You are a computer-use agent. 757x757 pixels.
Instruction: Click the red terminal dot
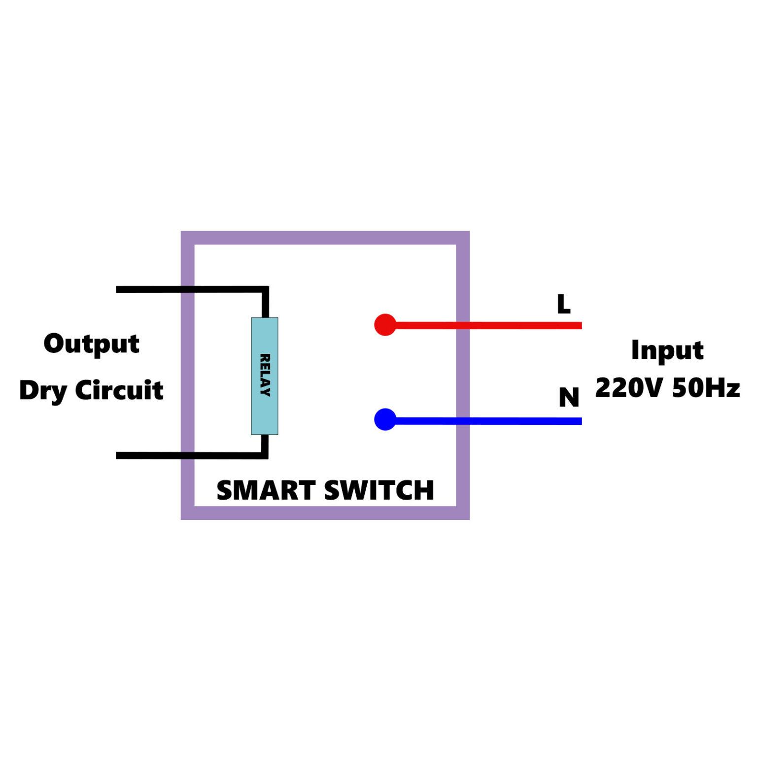pyautogui.click(x=385, y=325)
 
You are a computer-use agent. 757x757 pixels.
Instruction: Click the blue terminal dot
pyautogui.click(x=385, y=419)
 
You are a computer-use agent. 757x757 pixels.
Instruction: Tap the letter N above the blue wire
pyautogui.click(x=569, y=397)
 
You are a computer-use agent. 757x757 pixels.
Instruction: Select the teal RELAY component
pyautogui.click(x=265, y=376)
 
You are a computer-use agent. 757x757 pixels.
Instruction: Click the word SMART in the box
pyautogui.click(x=266, y=490)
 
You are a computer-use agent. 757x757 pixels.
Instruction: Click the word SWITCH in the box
pyautogui.click(x=379, y=490)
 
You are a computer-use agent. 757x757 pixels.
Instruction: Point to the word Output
pyautogui.click(x=92, y=344)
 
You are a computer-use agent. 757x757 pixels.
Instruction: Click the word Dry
pyautogui.click(x=43, y=391)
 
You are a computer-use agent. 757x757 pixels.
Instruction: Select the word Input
pyautogui.click(x=667, y=351)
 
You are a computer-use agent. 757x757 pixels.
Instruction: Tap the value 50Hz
pyautogui.click(x=705, y=388)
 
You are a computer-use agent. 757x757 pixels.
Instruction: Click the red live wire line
pyautogui.click(x=493, y=325)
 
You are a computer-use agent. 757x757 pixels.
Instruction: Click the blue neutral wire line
pyautogui.click(x=493, y=421)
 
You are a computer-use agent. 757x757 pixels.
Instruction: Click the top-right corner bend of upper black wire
pyautogui.click(x=265, y=290)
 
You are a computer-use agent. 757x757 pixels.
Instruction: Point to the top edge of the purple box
pyautogui.click(x=325, y=238)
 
